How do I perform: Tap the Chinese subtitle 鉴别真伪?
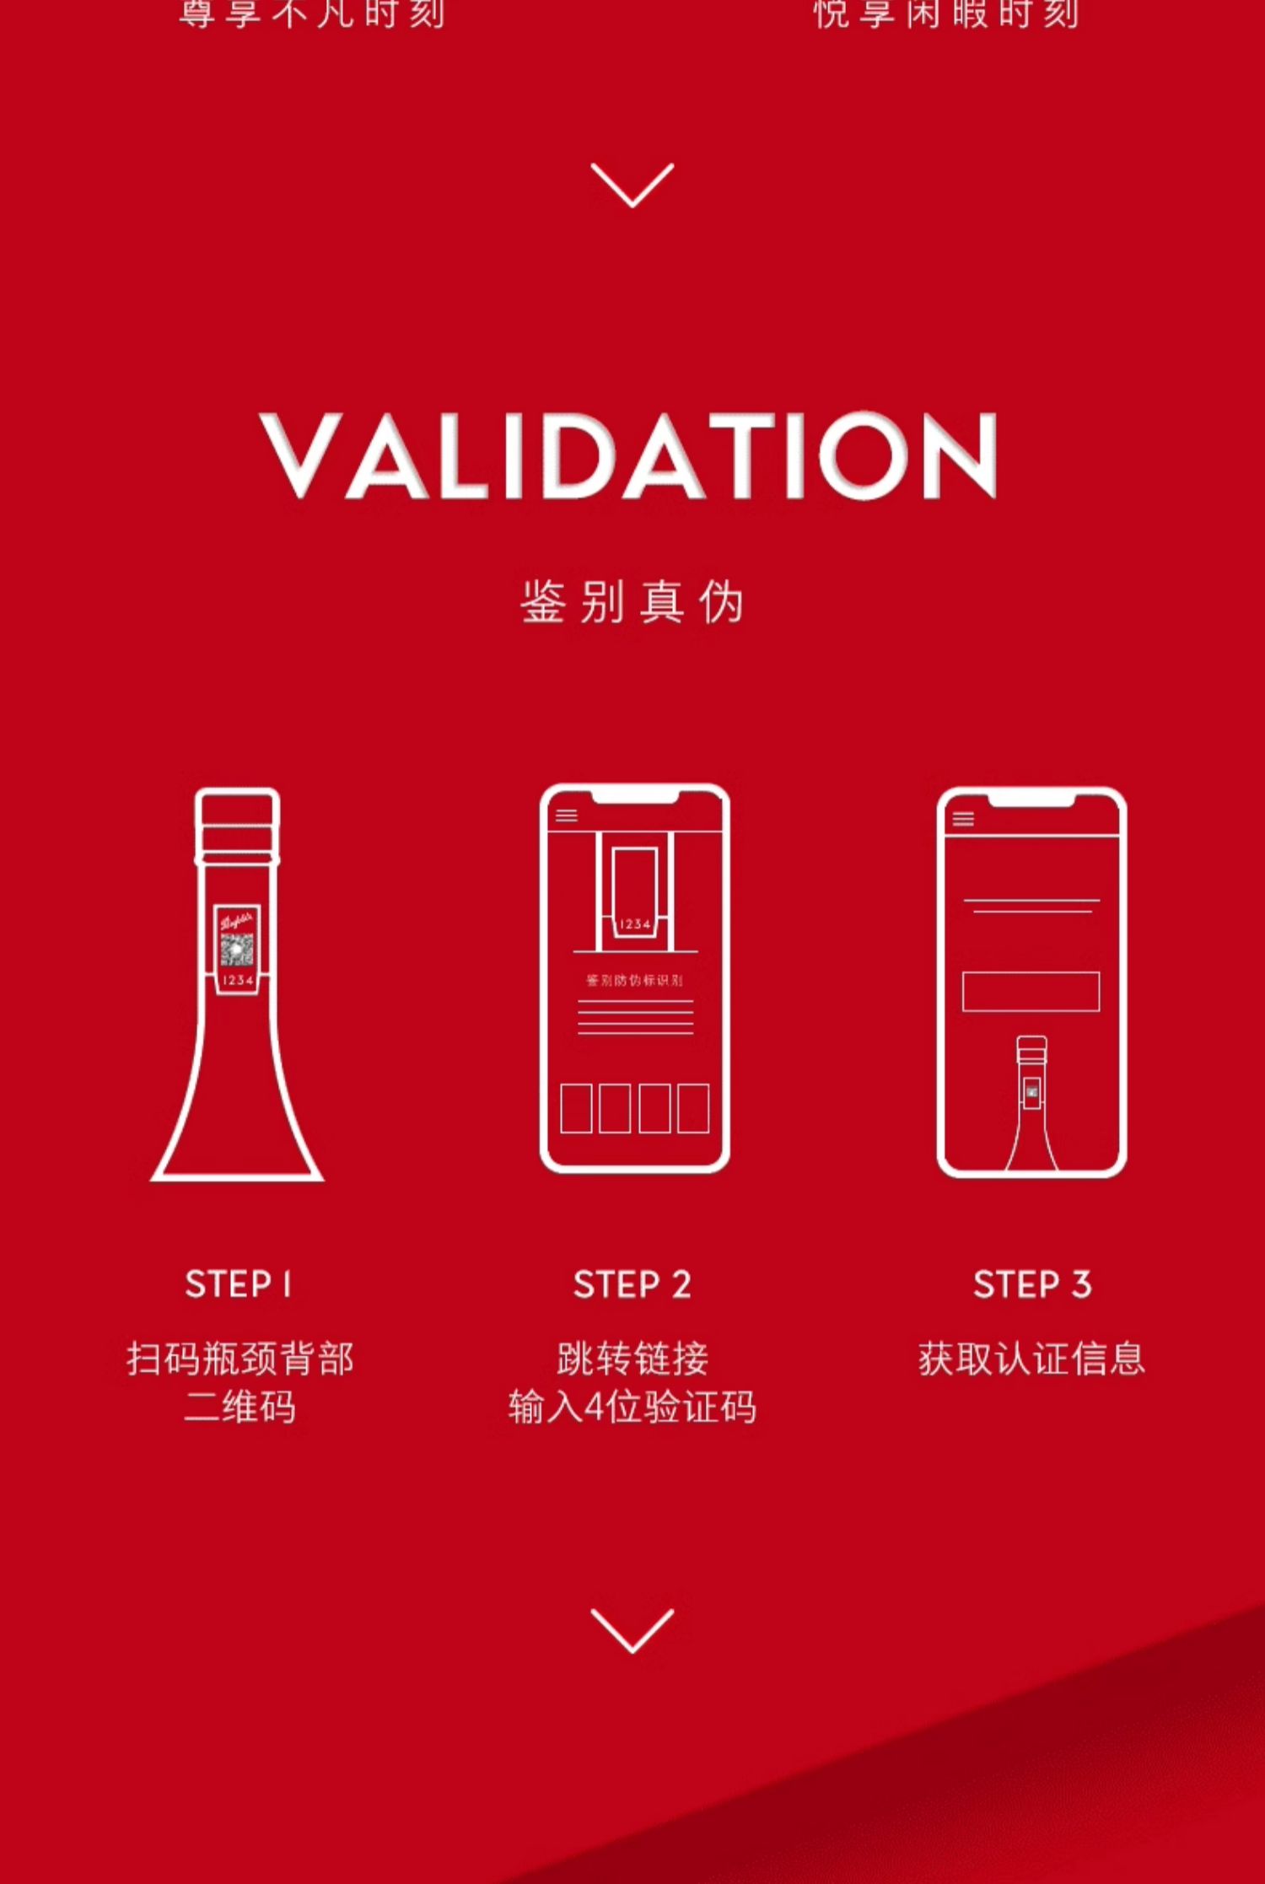(632, 602)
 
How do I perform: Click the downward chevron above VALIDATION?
(632, 185)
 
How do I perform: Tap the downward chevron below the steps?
(632, 1629)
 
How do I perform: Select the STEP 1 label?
(238, 1284)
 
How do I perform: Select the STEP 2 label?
(632, 1284)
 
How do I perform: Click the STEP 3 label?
(1031, 1284)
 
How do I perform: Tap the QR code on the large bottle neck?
(237, 950)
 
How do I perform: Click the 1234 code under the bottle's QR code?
(238, 981)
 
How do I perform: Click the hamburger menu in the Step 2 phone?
(567, 816)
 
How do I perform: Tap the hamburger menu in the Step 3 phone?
(963, 819)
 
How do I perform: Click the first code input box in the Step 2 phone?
(576, 1108)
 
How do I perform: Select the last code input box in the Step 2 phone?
(693, 1108)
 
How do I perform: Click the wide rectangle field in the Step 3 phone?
(1031, 991)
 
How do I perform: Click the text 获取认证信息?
(1031, 1359)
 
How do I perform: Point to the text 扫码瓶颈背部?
(240, 1359)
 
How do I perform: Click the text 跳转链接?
(632, 1359)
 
